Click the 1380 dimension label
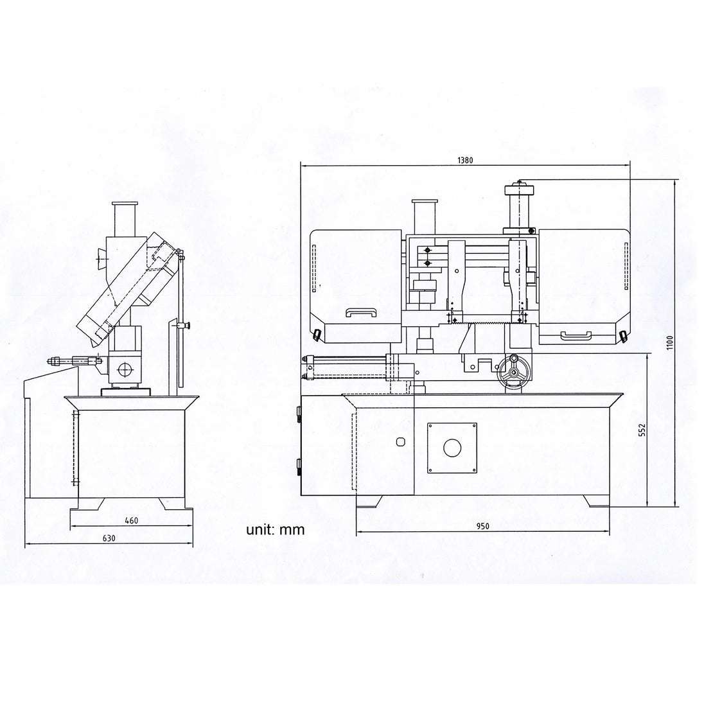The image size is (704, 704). point(465,161)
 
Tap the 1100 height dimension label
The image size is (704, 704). point(671,342)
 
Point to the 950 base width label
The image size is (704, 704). point(482,526)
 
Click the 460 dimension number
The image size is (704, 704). point(131,521)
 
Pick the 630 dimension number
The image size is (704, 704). point(109,538)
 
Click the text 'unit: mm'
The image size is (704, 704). point(275,529)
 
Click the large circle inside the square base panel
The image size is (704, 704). point(452,448)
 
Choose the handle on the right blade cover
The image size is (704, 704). point(576,335)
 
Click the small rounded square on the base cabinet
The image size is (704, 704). point(401,442)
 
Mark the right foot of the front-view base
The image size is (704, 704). point(596,501)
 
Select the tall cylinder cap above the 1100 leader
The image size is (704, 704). point(520,205)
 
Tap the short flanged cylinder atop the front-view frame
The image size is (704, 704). point(425,216)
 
